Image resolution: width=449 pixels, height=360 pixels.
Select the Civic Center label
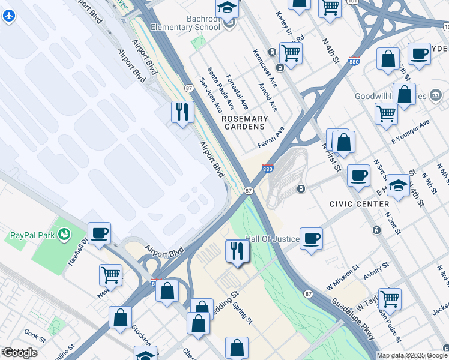point(360,204)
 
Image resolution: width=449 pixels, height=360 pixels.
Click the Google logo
point(20,353)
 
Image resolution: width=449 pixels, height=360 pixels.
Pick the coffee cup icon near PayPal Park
point(99,232)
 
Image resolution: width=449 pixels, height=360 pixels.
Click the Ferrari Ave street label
point(271,137)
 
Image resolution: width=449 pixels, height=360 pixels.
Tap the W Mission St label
point(343,274)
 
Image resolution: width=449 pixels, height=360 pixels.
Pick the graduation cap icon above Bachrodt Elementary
point(228,7)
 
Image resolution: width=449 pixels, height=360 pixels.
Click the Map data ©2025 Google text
point(412,355)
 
